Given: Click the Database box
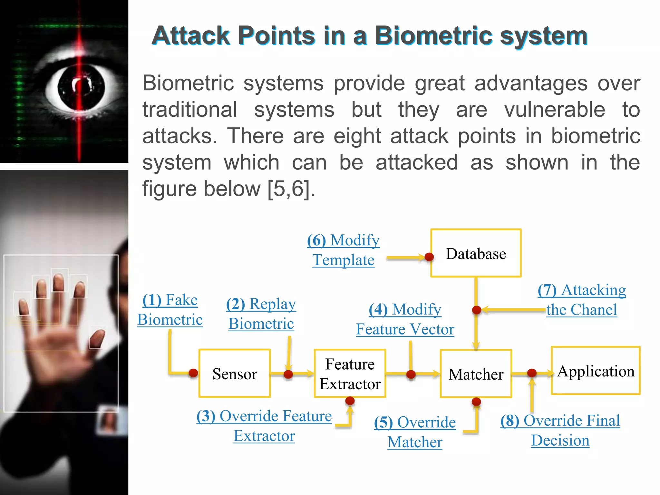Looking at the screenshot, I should click(476, 253).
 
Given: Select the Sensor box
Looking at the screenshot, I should click(234, 373).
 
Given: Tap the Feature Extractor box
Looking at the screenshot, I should click(350, 374).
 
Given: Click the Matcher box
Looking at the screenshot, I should click(476, 374).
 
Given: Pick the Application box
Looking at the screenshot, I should click(596, 371).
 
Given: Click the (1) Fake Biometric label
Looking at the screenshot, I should click(170, 310).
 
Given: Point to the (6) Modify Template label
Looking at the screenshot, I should click(343, 250).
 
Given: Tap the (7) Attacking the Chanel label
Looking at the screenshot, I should click(582, 300).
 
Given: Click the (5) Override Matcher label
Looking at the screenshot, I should click(415, 432).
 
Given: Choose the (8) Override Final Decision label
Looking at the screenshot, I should click(560, 430).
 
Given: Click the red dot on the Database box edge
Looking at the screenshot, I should click(429, 257).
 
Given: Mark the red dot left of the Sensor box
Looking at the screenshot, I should click(193, 373).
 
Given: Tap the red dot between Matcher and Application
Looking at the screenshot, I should click(532, 373).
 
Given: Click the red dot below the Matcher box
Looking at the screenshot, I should click(476, 402).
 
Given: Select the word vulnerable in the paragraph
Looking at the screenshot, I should click(555, 110).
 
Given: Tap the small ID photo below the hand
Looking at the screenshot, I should click(108, 421).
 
